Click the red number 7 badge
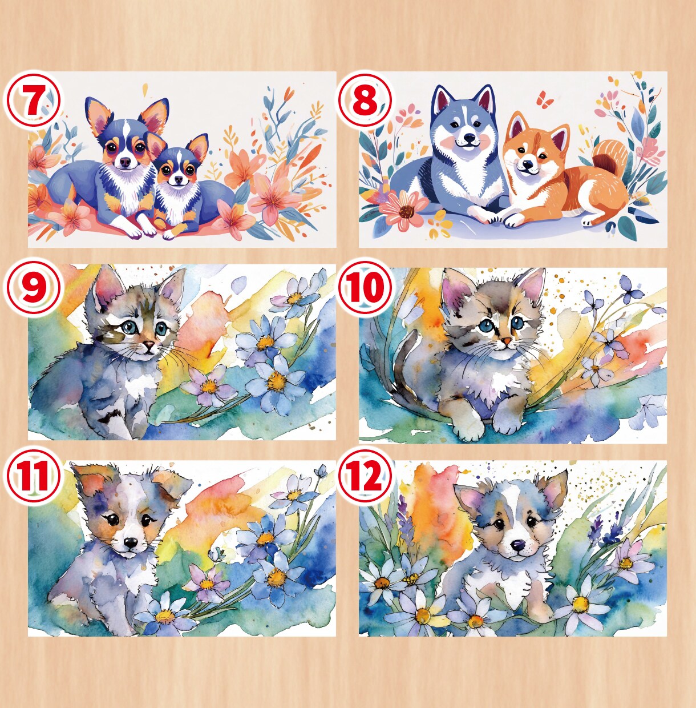pos(33,99)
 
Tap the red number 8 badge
pos(365,99)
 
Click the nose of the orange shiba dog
pos(528,164)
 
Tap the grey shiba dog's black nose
pos(468,138)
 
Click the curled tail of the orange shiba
pos(606,155)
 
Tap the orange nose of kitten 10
pos(506,341)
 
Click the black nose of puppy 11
pos(131,542)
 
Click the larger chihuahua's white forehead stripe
pos(126,130)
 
